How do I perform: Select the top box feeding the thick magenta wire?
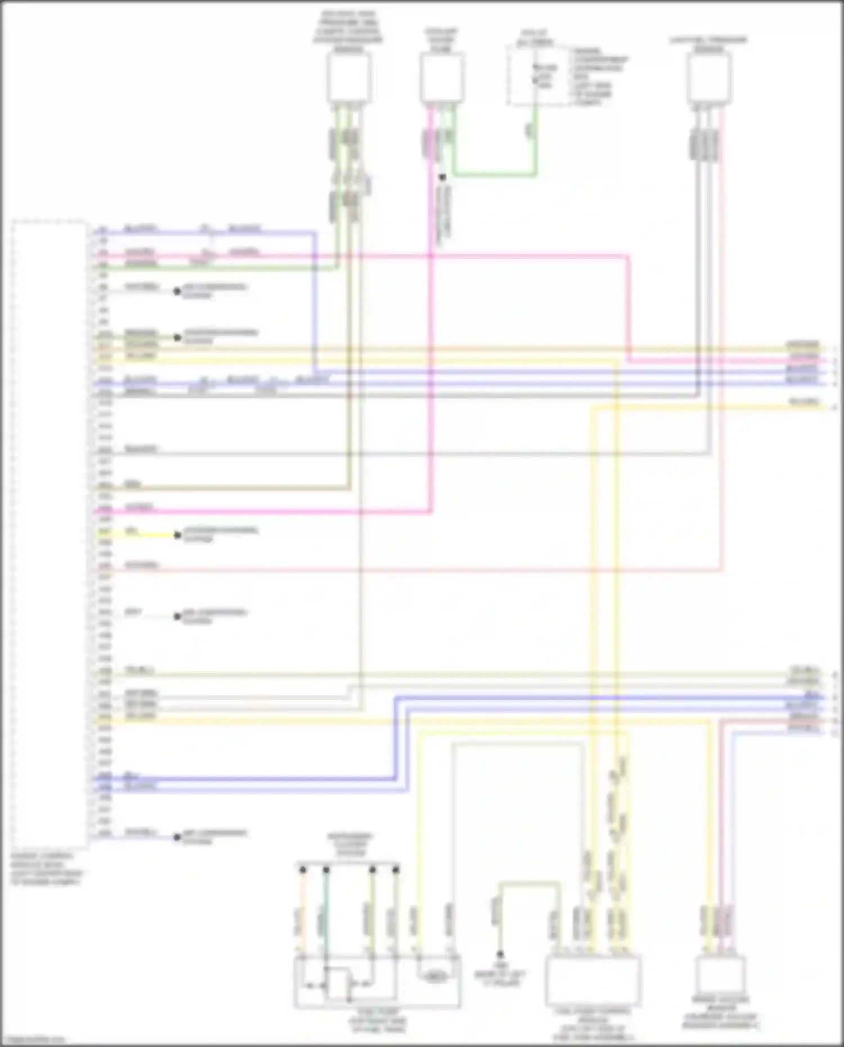[442, 78]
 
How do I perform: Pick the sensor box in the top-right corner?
[708, 78]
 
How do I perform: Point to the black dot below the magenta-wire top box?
[442, 177]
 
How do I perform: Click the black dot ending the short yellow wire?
[177, 535]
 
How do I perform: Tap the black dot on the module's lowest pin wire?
[177, 837]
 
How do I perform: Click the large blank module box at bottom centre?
[592, 981]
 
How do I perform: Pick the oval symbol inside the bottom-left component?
[435, 977]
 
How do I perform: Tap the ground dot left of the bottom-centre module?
[499, 955]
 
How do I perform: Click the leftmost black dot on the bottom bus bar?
[303, 870]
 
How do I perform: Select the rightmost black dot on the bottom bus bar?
[396, 870]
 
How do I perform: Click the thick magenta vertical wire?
[431, 338]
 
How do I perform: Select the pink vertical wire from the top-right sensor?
[721, 338]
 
